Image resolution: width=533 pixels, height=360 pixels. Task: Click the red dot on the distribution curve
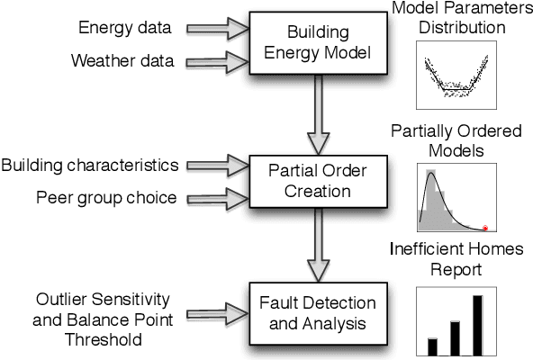[x=485, y=228]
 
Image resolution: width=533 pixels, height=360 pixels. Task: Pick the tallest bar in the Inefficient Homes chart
[x=477, y=325]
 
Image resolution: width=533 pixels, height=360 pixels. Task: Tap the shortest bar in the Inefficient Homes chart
[x=432, y=346]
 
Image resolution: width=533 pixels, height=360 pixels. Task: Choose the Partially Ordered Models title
[x=456, y=140]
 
